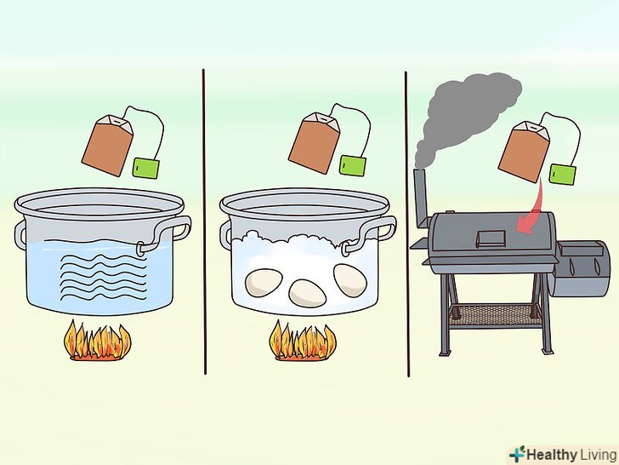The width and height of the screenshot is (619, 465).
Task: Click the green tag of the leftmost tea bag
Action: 146,168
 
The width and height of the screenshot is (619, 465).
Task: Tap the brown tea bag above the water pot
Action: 108,145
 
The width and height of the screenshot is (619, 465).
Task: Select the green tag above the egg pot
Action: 353,165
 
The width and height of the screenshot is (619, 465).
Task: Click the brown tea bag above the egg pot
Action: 315,143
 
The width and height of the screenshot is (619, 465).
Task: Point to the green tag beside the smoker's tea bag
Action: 563,174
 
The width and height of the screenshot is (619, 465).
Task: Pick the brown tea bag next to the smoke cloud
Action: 525,152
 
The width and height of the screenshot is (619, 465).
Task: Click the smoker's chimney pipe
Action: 421,198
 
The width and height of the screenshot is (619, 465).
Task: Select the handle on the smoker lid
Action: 491,238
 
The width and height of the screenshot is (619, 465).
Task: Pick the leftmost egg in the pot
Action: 264,283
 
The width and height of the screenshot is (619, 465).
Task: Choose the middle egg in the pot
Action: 308,294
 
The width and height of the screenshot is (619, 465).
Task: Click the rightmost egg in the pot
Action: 349,280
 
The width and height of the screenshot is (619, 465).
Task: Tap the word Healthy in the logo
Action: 552,454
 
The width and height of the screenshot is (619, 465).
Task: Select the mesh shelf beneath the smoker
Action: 495,315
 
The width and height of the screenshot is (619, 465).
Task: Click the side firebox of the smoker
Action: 580,269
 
